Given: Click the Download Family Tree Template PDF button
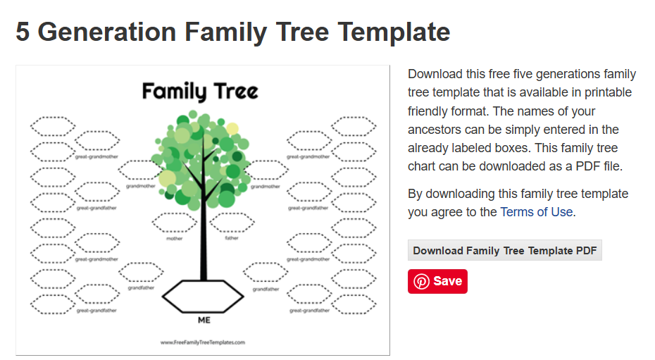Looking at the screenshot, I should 504,251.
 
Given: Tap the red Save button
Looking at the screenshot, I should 437,281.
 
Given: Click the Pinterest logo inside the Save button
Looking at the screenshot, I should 421,281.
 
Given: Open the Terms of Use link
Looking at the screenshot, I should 536,212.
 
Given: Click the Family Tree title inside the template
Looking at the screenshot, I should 200,92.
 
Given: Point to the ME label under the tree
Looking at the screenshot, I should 204,320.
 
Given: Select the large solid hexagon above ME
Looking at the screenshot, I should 204,296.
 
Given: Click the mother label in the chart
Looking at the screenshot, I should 174,238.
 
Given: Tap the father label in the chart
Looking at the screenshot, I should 232,238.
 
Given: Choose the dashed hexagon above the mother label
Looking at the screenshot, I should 174,223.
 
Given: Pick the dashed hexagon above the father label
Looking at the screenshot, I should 232,223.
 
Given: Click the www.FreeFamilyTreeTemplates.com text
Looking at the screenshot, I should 203,342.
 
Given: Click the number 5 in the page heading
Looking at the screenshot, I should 23,32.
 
